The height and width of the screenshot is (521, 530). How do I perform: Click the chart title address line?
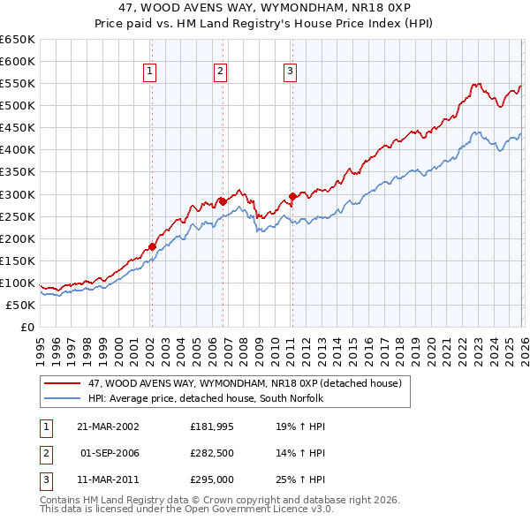click(x=264, y=8)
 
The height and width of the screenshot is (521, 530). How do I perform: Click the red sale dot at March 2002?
click(x=152, y=246)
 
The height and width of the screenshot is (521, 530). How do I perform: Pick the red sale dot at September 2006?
click(x=223, y=201)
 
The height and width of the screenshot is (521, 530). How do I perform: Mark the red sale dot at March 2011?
click(x=292, y=196)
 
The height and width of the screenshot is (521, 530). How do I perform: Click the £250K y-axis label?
click(x=18, y=216)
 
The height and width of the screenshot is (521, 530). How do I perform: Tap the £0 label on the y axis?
click(x=26, y=327)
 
